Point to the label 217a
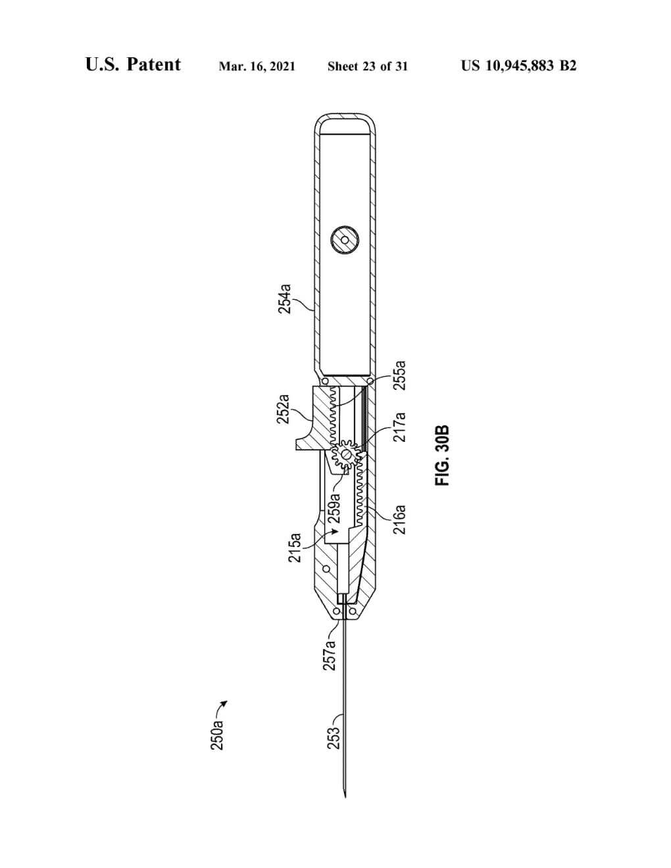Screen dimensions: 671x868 coord(400,427)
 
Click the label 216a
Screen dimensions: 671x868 coord(400,519)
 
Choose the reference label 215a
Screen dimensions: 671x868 coord(295,547)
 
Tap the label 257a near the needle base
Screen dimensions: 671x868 coord(330,655)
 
